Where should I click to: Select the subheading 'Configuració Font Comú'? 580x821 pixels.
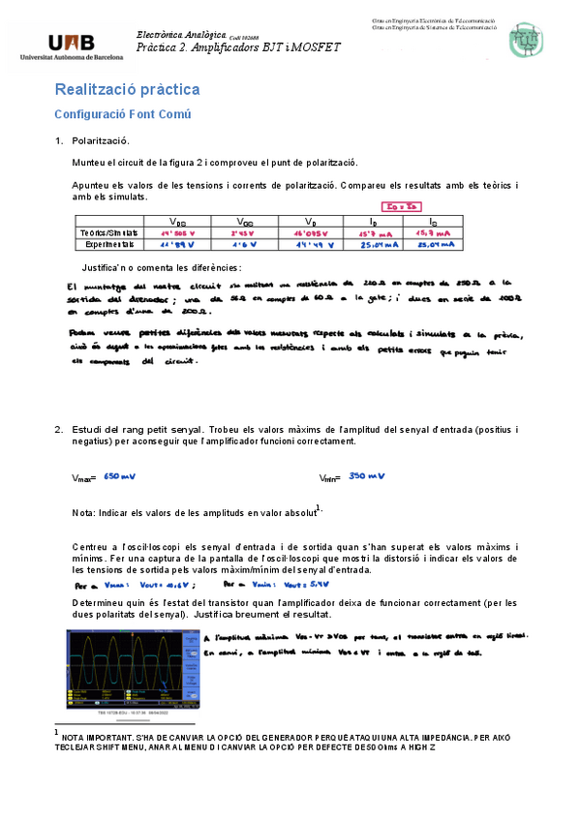coord(122,114)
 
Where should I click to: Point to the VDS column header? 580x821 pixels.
coord(179,222)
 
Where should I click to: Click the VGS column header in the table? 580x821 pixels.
coord(246,222)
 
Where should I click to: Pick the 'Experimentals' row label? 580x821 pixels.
coord(107,245)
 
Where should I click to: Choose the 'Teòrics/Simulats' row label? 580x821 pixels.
coord(107,233)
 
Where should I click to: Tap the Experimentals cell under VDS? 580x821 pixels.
coord(179,245)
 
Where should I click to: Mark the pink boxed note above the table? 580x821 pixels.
coord(398,206)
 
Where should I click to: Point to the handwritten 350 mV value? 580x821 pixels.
coord(367,476)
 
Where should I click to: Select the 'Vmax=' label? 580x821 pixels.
coord(84,478)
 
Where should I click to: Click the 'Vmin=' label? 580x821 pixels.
coord(329,478)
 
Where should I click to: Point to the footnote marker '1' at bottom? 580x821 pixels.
coord(58,731)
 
